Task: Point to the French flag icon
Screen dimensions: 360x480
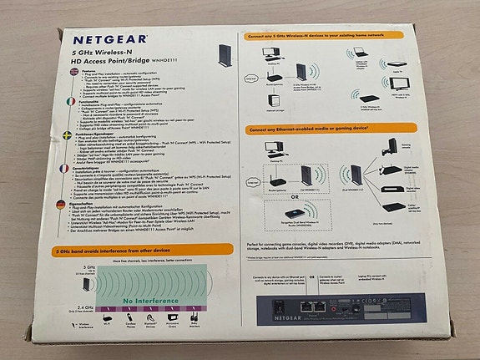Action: (50, 169)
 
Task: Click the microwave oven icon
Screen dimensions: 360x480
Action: (171, 318)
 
